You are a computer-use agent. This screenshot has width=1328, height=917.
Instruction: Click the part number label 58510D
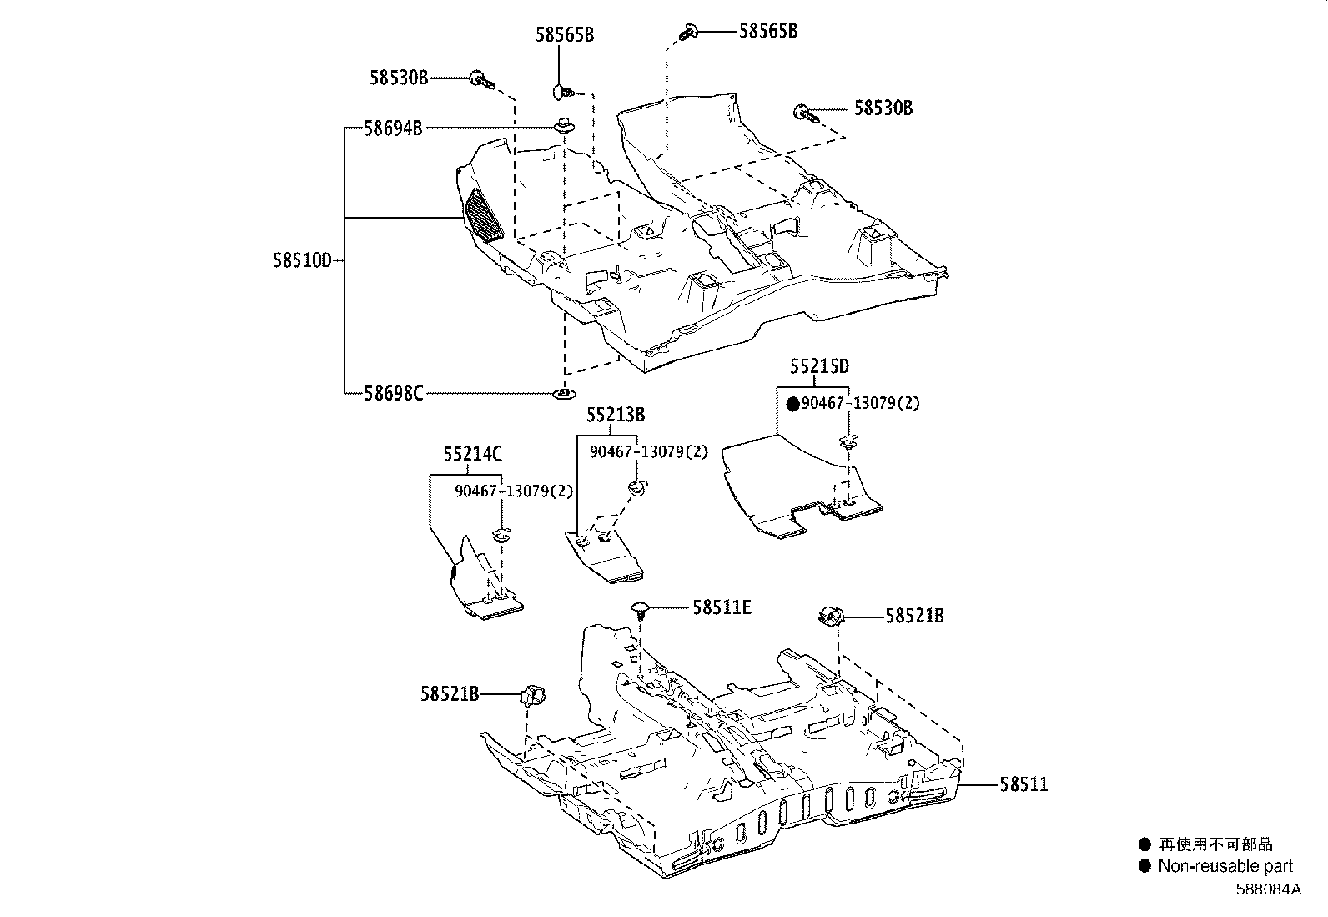pyautogui.click(x=302, y=260)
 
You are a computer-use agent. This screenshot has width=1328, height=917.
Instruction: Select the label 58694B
pyautogui.click(x=392, y=128)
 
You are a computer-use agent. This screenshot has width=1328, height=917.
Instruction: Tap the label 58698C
pyautogui.click(x=393, y=392)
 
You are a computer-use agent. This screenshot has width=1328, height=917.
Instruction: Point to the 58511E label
pyautogui.click(x=722, y=608)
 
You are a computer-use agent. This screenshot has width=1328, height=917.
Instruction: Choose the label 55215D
pyautogui.click(x=820, y=366)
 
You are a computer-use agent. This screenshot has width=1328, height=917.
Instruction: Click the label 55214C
pyautogui.click(x=472, y=455)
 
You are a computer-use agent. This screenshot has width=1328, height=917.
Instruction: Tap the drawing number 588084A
pyautogui.click(x=1268, y=889)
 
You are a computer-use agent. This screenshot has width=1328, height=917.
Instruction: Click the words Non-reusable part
pyautogui.click(x=1225, y=866)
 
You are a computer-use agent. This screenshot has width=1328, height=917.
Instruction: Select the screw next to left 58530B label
pyautogui.click(x=481, y=80)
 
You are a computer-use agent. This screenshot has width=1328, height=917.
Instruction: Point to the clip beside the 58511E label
pyautogui.click(x=641, y=609)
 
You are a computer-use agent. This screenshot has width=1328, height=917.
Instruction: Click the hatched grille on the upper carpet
pyautogui.click(x=485, y=216)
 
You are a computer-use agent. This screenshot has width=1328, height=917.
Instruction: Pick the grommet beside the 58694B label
pyautogui.click(x=565, y=128)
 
